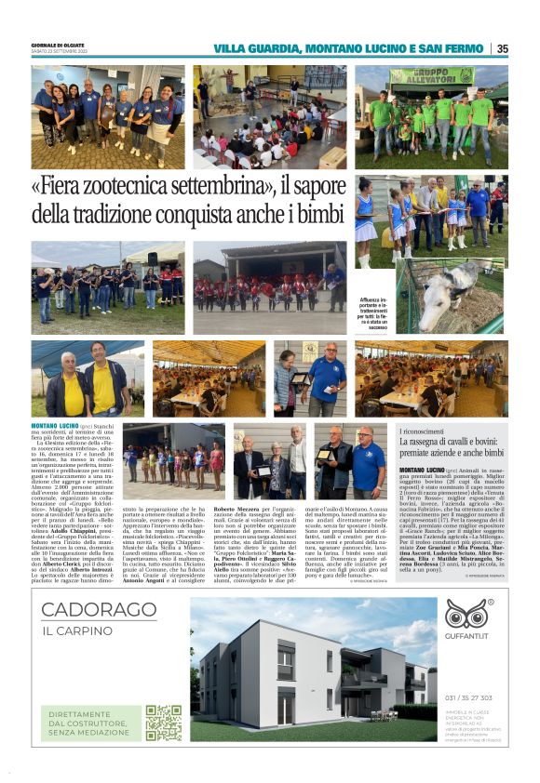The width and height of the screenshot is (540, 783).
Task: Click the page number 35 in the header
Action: coord(503,48)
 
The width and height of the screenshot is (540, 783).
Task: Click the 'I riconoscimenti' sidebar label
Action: coord(427,432)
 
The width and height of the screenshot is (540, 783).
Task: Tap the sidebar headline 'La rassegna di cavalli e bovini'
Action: coord(451,445)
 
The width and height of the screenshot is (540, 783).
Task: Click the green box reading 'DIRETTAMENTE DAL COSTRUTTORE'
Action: coord(91,723)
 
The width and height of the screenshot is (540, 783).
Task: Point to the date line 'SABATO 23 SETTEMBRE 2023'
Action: coord(61,52)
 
